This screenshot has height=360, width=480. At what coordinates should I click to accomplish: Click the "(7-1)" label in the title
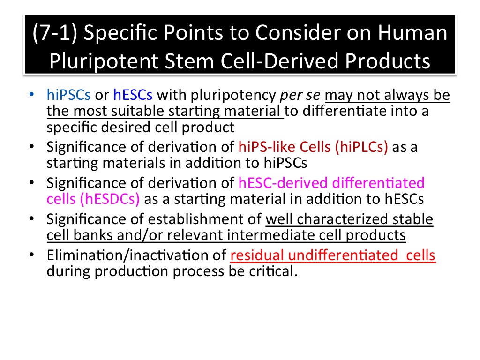point(55,33)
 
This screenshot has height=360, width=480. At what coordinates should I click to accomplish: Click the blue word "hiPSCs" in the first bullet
point(68,95)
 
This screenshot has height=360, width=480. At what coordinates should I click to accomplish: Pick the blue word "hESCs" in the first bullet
point(133,95)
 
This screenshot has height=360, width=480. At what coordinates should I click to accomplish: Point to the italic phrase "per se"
point(300,96)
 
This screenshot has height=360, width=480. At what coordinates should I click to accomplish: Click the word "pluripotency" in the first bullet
point(233,96)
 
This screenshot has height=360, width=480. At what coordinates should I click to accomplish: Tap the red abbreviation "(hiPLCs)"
point(361,147)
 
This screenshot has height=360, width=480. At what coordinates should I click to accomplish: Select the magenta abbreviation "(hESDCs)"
point(110,199)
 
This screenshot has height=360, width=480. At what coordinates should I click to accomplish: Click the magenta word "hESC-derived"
point(283,183)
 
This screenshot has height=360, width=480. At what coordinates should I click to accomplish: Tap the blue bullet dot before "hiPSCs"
point(31,94)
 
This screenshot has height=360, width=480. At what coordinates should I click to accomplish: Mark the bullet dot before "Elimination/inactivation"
point(31,255)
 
